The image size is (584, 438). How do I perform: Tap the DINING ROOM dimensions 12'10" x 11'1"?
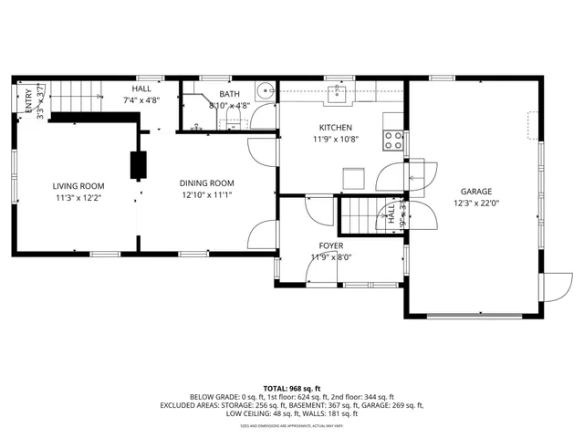(207, 194)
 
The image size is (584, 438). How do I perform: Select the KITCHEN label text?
(335, 128)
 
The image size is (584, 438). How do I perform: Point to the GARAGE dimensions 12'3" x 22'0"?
(475, 203)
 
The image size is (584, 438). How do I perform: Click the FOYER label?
(330, 246)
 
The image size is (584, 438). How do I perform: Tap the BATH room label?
(229, 94)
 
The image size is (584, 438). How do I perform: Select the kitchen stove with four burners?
(393, 140)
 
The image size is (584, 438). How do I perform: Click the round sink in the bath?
(264, 91)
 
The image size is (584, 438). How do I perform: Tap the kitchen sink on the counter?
(339, 92)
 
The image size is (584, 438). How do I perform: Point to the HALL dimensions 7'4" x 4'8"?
(141, 100)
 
